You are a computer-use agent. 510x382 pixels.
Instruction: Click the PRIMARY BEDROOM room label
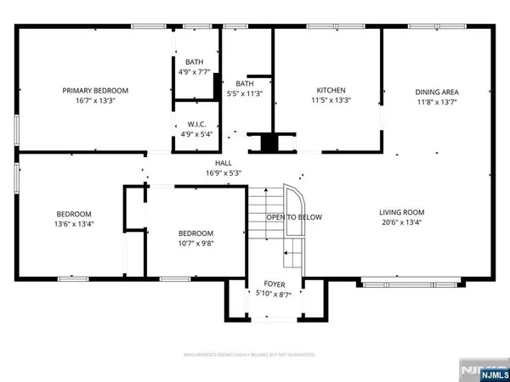coord(94,90)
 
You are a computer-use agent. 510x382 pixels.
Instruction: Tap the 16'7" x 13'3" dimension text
coord(94,100)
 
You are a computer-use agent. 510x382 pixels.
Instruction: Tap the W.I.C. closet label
coord(195,123)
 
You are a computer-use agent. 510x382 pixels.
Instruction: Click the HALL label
coord(224,163)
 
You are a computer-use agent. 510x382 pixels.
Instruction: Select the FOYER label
coord(275,284)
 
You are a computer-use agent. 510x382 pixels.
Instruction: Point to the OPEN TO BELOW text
coord(294,217)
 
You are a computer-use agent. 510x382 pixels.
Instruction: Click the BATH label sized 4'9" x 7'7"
coord(195,62)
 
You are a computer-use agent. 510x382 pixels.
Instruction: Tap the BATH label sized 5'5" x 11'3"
coord(245,83)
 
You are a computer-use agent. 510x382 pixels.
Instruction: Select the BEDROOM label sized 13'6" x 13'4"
coord(74,214)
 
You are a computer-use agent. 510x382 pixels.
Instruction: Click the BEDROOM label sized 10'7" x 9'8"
coord(195,233)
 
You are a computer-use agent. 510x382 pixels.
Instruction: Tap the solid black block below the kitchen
coord(269,143)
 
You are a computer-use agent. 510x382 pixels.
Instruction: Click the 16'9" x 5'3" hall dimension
coord(224,173)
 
